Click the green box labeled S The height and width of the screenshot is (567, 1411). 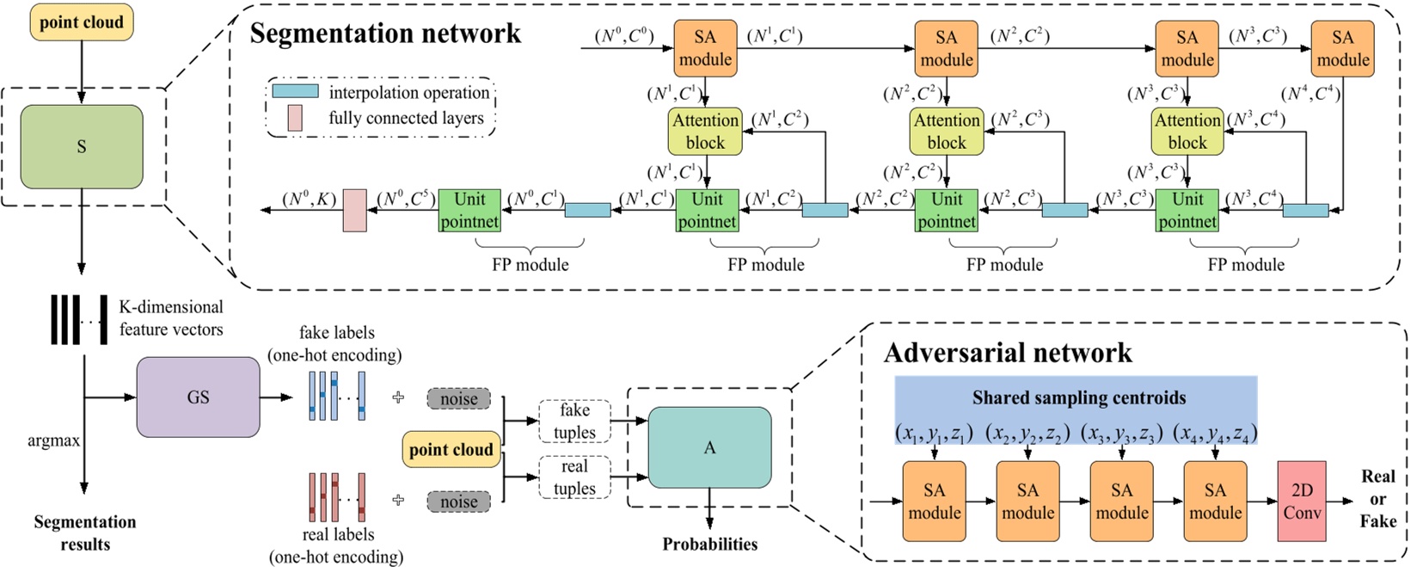coord(82,147)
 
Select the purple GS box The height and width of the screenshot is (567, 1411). coord(198,398)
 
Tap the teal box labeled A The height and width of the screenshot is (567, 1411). coord(709,447)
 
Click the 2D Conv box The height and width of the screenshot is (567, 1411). coord(1302,502)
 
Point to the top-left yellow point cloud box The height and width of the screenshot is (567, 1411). coord(82,22)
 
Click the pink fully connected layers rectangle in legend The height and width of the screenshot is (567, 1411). coord(295,118)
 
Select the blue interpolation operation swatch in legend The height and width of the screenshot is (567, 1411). coord(295,91)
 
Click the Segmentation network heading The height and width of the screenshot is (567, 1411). coord(385,34)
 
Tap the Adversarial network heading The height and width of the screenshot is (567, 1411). coord(1008,353)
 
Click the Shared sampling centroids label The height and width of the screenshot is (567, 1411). coord(1078,398)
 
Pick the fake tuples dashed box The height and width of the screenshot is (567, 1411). coord(574,421)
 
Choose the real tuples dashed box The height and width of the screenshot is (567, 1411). coord(574,477)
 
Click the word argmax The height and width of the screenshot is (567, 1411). coord(53,441)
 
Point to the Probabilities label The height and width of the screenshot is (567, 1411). coord(709,544)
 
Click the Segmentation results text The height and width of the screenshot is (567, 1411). coord(84,533)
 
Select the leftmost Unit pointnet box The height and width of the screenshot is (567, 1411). coord(469,210)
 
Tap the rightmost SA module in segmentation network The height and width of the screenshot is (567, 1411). coord(1342,48)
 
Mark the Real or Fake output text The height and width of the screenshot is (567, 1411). coord(1377,498)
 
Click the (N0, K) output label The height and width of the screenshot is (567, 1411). coord(309,200)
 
